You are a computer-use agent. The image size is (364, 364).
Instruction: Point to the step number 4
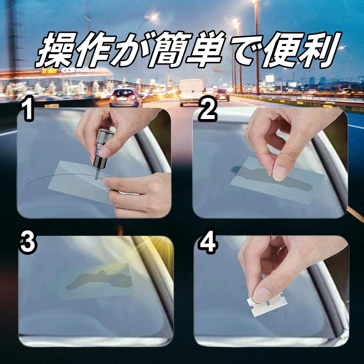pyautogui.click(x=208, y=242)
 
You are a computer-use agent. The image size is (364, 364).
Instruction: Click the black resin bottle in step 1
pyautogui.click(x=102, y=151)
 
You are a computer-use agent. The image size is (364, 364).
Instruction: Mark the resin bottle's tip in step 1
pyautogui.click(x=96, y=178)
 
